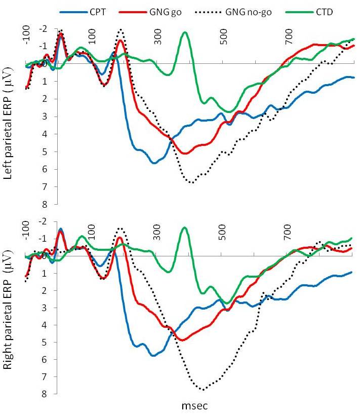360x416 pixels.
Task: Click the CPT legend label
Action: pyautogui.click(x=98, y=12)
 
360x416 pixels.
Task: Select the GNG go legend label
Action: pyautogui.click(x=166, y=13)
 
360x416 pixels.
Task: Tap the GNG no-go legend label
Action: pyautogui.click(x=249, y=13)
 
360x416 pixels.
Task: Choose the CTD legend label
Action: pyautogui.click(x=324, y=12)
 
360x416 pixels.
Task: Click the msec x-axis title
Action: pyautogui.click(x=195, y=406)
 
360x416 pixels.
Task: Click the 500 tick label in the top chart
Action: pyautogui.click(x=224, y=36)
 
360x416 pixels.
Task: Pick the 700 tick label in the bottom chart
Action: pyautogui.click(x=289, y=232)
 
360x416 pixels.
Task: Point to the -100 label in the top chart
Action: pyautogui.click(x=26, y=34)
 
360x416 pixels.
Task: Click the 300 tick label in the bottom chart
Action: pyautogui.click(x=157, y=232)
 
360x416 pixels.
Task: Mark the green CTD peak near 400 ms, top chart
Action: pyautogui.click(x=185, y=32)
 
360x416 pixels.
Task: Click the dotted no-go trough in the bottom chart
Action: pyautogui.click(x=203, y=390)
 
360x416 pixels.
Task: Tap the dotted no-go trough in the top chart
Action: pyautogui.click(x=192, y=182)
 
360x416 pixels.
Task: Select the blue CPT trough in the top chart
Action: pyautogui.click(x=154, y=163)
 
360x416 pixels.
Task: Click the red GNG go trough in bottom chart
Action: pyautogui.click(x=183, y=340)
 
